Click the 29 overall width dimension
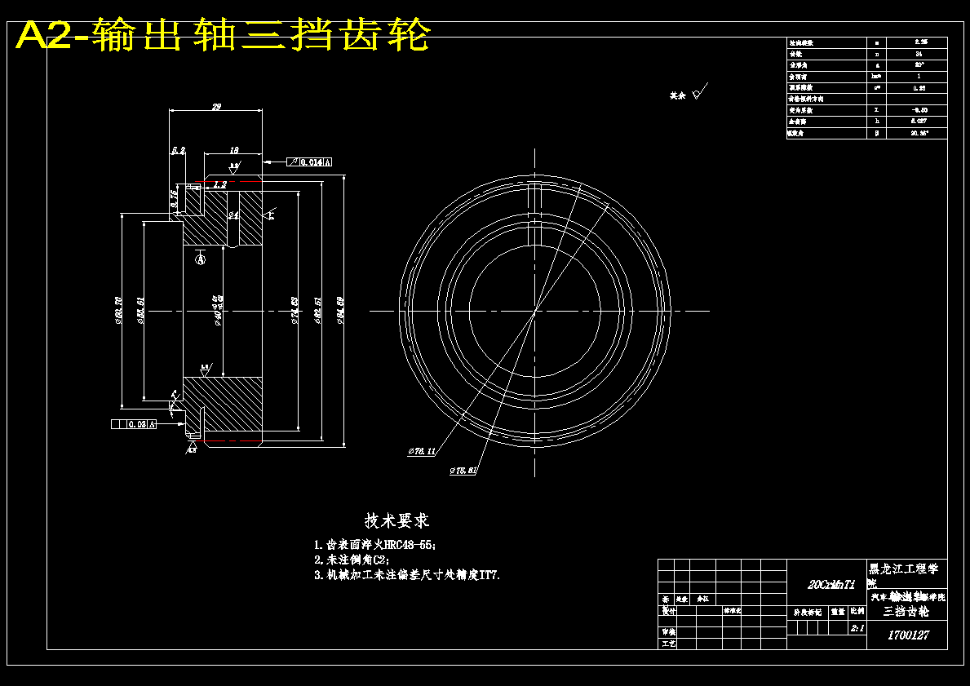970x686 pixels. point(216,106)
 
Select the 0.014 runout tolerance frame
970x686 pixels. point(311,162)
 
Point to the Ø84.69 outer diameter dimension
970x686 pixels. point(341,310)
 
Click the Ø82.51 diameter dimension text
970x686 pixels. point(317,310)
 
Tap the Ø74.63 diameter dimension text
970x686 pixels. point(295,311)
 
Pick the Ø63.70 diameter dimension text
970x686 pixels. point(119,312)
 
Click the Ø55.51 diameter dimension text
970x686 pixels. point(141,311)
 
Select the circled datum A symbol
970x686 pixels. point(201,259)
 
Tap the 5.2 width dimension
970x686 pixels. point(178,150)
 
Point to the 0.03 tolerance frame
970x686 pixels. point(133,424)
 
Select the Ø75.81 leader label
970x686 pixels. point(463,471)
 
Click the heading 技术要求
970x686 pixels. point(397,520)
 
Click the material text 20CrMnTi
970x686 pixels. point(831,585)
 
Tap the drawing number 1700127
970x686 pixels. point(907,635)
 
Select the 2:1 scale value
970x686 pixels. point(857,629)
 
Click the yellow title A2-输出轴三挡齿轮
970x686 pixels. point(223,36)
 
